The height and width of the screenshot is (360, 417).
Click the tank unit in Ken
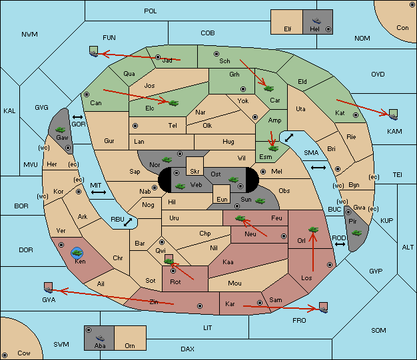(77, 253)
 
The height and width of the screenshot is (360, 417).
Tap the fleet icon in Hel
(316, 21)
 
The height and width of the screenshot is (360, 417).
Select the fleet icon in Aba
(100, 338)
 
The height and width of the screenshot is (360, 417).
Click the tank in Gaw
(61, 130)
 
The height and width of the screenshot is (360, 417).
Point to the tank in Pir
(356, 233)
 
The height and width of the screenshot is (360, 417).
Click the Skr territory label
(195, 172)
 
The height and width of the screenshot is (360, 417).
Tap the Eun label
(222, 199)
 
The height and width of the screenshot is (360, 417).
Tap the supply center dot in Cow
(5, 355)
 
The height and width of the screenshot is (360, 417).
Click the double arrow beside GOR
(78, 117)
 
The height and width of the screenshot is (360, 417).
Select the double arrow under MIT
(99, 192)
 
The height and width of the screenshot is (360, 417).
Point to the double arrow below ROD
(340, 244)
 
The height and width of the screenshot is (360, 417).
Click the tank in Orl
(313, 230)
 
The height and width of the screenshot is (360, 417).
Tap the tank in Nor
(167, 160)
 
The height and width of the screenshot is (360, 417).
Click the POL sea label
(151, 11)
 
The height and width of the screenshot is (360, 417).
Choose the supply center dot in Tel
(135, 125)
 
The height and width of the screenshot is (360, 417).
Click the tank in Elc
(174, 103)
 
